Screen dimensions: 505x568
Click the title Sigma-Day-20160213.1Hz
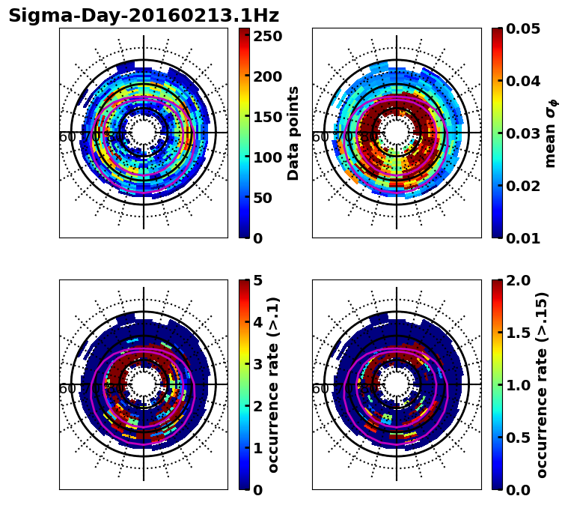coord(143,16)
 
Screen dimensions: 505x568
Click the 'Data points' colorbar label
coord(293,133)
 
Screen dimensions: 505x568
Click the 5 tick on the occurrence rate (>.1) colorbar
coord(257,280)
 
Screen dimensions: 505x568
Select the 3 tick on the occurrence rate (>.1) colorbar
coord(257,364)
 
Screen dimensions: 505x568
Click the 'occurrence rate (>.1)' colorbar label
coord(273,384)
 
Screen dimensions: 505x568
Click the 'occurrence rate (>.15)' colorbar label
coord(542,384)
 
